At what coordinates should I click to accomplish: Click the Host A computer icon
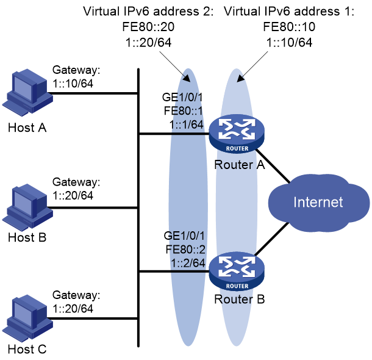pyautogui.click(x=27, y=93)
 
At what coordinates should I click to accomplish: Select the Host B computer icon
pyautogui.click(x=27, y=207)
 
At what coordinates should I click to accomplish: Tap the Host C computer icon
pyautogui.click(x=27, y=319)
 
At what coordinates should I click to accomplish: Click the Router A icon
pyautogui.click(x=237, y=134)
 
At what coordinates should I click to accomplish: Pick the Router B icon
pyautogui.click(x=237, y=272)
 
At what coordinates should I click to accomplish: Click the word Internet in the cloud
pyautogui.click(x=318, y=203)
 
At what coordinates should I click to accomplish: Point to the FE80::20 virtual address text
pyautogui.click(x=148, y=27)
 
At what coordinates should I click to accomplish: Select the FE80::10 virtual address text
pyautogui.click(x=289, y=27)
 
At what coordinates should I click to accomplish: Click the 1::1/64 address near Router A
pyautogui.click(x=186, y=124)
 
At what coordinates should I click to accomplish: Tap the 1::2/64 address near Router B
pyautogui.click(x=188, y=263)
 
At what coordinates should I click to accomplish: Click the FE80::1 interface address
pyautogui.click(x=183, y=111)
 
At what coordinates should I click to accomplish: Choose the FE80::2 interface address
pyautogui.click(x=185, y=250)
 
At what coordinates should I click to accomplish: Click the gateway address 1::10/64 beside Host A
pyautogui.click(x=73, y=84)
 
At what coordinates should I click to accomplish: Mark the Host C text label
pyautogui.click(x=27, y=349)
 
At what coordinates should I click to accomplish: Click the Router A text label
pyautogui.click(x=240, y=165)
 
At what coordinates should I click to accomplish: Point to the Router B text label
pyautogui.click(x=240, y=299)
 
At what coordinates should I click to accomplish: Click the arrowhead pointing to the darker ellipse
pyautogui.click(x=187, y=78)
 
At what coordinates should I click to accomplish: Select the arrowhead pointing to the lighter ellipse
pyautogui.click(x=240, y=79)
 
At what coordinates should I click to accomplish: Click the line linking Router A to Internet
pyautogui.click(x=273, y=166)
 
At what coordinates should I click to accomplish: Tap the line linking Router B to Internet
pyautogui.click(x=272, y=239)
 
